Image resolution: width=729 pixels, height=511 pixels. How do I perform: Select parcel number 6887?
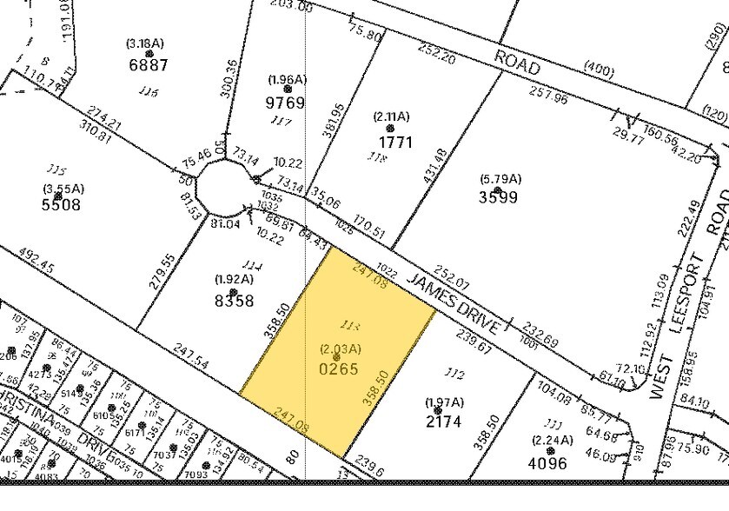click(147, 64)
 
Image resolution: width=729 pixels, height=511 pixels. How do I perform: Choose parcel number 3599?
click(498, 196)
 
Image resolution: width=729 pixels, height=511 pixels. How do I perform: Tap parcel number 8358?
click(234, 301)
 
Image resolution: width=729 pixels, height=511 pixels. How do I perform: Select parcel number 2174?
click(443, 423)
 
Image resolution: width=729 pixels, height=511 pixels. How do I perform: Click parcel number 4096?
click(547, 463)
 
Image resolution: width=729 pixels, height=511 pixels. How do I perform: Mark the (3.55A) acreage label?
click(60, 189)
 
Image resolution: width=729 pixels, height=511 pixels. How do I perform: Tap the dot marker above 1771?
click(390, 128)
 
